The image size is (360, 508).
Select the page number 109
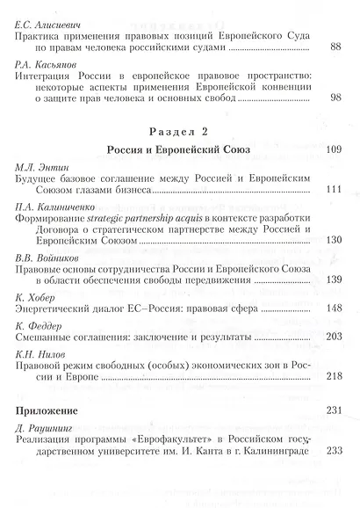point(332,150)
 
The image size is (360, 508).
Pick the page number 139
point(332,279)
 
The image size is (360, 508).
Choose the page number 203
point(332,337)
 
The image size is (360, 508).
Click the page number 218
point(332,376)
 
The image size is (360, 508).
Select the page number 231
point(332,410)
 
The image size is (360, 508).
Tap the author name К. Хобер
point(38,296)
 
